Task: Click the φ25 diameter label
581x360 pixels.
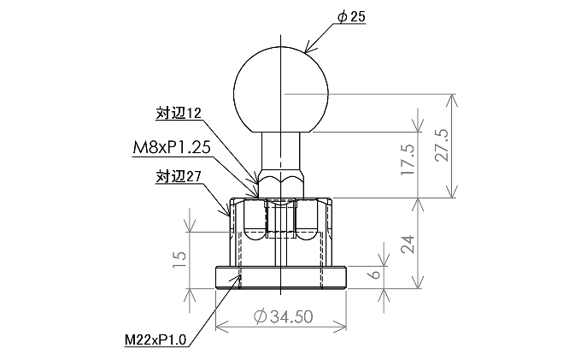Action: tap(351, 17)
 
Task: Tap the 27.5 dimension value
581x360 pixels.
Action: tap(442, 145)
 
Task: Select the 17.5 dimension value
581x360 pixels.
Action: tap(408, 159)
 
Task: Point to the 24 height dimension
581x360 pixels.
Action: tap(408, 244)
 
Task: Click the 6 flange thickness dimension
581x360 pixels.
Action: tap(375, 274)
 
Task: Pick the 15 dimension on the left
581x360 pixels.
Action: tap(179, 260)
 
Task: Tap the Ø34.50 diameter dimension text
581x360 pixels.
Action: tap(284, 316)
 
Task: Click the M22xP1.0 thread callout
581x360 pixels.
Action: tap(156, 339)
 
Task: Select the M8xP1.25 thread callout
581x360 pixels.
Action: tap(172, 148)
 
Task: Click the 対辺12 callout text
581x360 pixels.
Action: tap(179, 113)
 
